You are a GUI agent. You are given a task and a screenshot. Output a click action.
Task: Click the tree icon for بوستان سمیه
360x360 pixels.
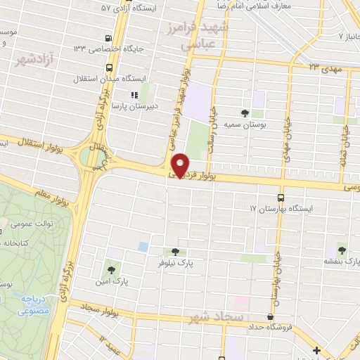coord(245,112)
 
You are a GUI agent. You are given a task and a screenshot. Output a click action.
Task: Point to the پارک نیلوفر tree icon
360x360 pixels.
coord(175,252)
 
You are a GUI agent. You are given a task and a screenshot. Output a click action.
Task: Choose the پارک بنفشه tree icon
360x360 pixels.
coord(342,249)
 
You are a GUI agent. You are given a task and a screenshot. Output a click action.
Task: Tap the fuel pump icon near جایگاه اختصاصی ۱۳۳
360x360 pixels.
coord(107,38)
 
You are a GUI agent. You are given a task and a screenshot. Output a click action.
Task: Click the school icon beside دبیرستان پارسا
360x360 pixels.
coord(132,94)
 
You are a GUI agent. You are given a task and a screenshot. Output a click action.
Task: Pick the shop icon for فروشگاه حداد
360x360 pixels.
coord(269,317)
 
